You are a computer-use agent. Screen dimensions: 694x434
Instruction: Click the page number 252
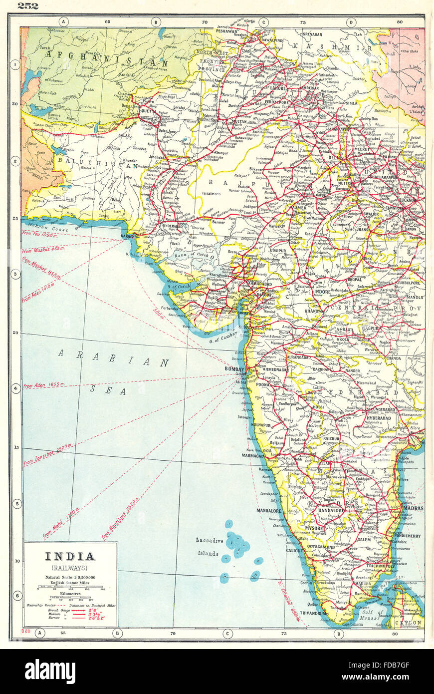pos(28,6)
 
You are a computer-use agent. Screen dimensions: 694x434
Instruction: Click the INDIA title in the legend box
pos(70,556)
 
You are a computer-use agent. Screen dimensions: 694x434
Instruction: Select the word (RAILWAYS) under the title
pos(70,567)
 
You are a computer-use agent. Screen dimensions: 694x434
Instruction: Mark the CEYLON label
pos(409,623)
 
